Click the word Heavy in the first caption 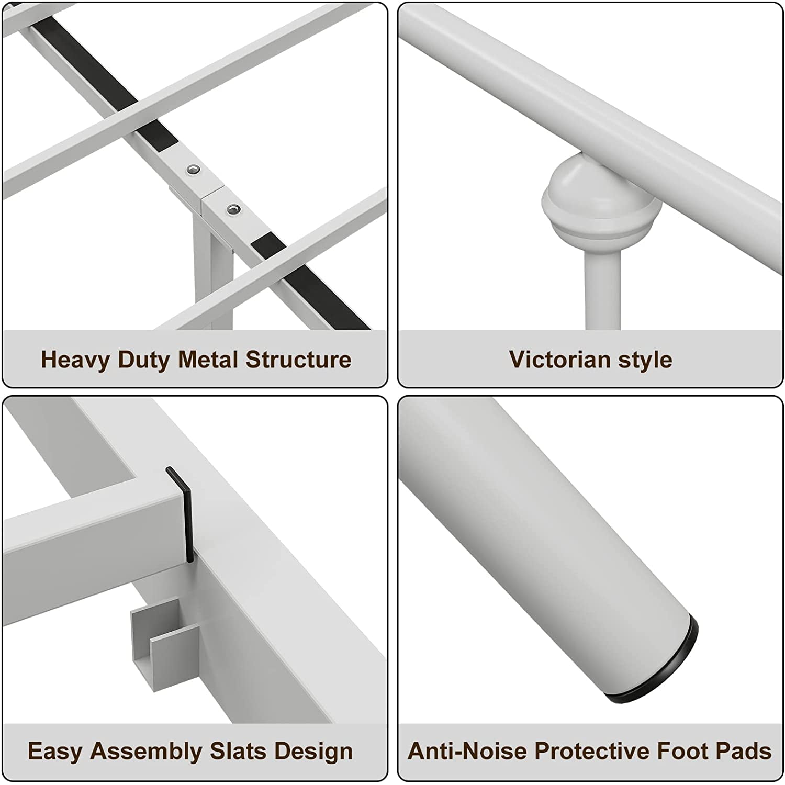tap(76, 360)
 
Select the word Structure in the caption tap(298, 360)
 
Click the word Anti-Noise tap(467, 751)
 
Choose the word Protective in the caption tap(592, 751)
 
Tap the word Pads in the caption tap(743, 751)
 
